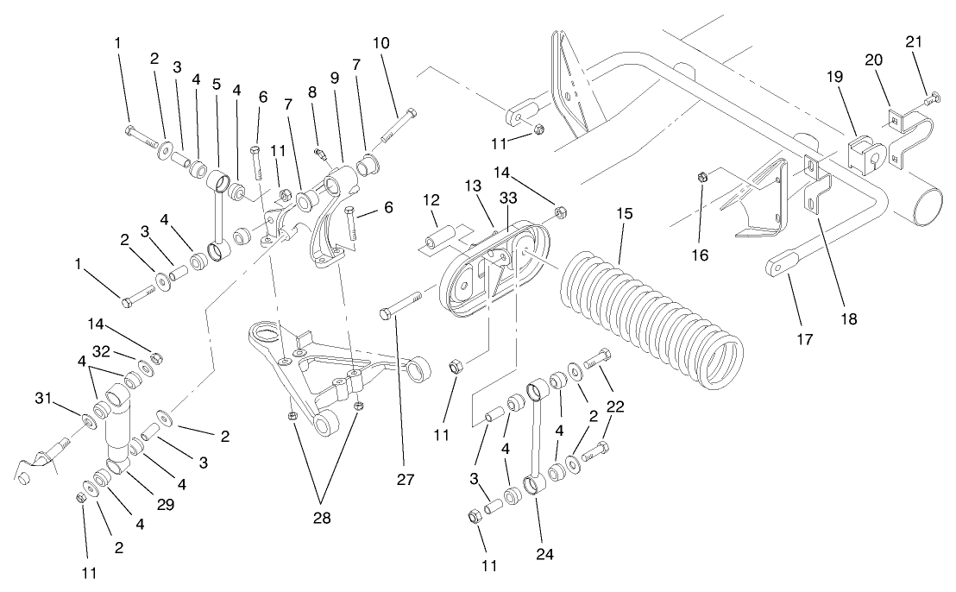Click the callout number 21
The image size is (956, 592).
[914, 42]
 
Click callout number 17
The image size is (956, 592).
[804, 341]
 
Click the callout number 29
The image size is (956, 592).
[165, 504]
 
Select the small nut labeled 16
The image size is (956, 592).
[702, 179]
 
